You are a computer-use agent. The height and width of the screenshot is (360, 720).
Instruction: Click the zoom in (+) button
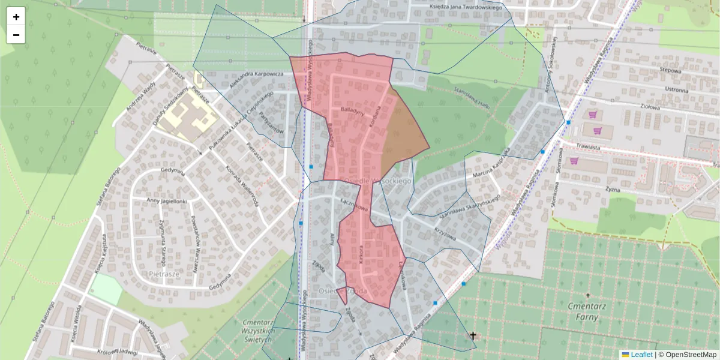tap(16, 16)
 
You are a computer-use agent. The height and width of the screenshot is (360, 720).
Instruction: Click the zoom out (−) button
tap(16, 35)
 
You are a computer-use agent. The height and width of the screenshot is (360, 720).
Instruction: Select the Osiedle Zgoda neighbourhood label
tap(343, 291)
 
